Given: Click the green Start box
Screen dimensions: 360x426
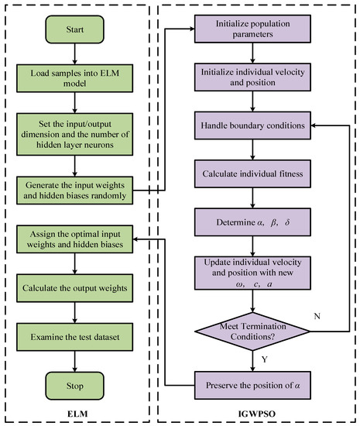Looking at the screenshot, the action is (x=74, y=29).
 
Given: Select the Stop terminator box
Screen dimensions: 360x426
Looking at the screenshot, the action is (x=74, y=386).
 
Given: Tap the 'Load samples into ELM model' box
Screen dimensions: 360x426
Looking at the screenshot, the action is (x=74, y=78).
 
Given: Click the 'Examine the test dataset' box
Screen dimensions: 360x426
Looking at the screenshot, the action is (x=74, y=337).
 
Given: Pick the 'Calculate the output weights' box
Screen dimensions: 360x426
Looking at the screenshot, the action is (x=74, y=288).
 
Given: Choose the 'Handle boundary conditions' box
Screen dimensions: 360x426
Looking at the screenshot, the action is (x=252, y=125).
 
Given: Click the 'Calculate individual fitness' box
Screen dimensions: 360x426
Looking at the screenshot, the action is (x=252, y=173).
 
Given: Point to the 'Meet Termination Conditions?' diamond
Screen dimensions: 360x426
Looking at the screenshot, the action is (x=252, y=332).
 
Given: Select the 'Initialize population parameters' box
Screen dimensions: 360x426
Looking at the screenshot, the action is (x=252, y=29).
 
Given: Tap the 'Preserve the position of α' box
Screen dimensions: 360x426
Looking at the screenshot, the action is (x=252, y=385).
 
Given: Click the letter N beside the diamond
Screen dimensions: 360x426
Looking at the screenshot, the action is (x=317, y=316).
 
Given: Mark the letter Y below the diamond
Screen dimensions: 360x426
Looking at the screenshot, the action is (x=265, y=359).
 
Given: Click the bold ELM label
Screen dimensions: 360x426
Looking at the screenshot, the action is (x=77, y=414).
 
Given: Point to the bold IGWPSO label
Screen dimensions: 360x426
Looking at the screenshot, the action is (x=256, y=414).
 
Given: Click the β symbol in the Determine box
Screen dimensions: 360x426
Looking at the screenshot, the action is (x=273, y=223).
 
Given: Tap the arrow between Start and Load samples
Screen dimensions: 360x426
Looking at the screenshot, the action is (x=74, y=53).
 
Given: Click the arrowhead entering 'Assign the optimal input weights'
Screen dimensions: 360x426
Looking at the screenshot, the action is (x=135, y=239).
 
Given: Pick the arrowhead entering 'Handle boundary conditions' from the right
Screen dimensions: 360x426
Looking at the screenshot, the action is (x=314, y=125).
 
